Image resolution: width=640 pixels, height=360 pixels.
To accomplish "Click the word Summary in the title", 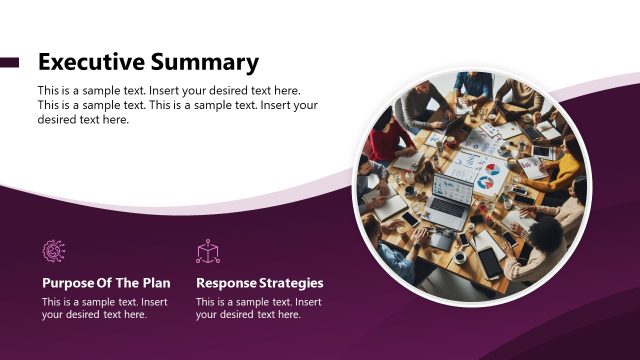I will tap(204, 62).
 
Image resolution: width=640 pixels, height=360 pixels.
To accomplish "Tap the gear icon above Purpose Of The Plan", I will tap(54, 252).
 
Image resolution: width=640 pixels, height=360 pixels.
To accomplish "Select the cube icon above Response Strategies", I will tap(208, 252).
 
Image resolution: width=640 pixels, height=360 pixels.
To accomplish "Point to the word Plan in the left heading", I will tap(156, 283).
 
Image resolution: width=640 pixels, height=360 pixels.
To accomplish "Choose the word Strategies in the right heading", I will tap(291, 283).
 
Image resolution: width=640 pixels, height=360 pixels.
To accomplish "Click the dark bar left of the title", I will tap(10, 62).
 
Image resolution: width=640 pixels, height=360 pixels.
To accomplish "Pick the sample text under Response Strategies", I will tap(258, 308).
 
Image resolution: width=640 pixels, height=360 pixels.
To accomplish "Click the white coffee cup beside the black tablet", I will tap(460, 257).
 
